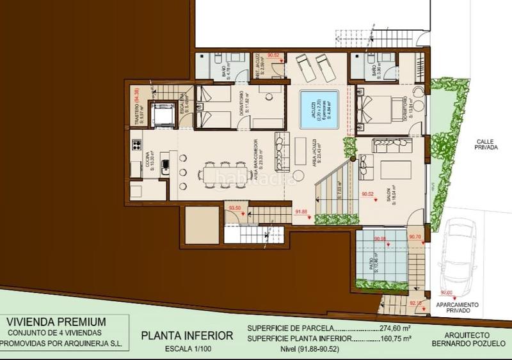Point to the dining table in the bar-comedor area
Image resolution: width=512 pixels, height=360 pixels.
tap(211, 173)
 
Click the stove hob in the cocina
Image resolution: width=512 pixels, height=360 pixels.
tap(136, 145)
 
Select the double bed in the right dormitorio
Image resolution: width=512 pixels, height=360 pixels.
tap(378, 107)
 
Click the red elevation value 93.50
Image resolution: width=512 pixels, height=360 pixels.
tap(235, 208)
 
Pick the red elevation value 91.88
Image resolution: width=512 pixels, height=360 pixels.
tap(301, 212)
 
